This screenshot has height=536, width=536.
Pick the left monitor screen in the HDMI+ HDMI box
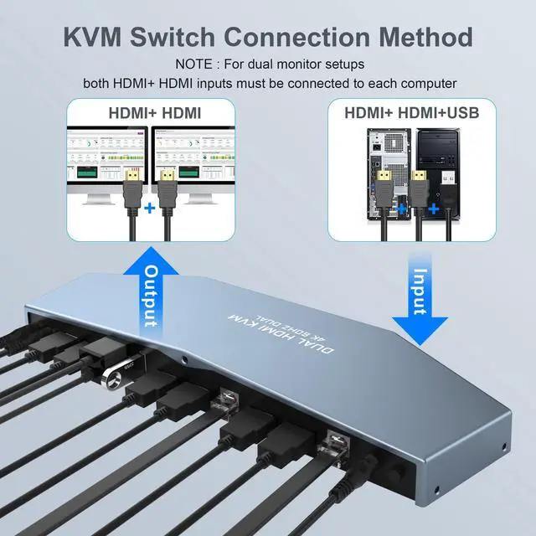point(108,154)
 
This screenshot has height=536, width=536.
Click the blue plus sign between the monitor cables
point(150,206)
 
